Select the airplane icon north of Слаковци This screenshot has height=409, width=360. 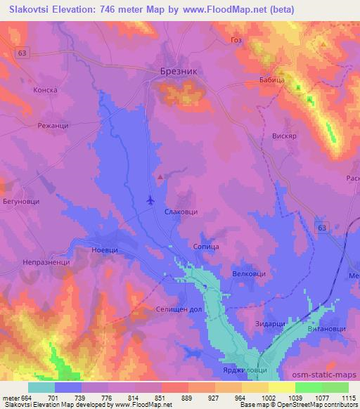[150, 200]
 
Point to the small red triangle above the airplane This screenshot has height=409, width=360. [161, 176]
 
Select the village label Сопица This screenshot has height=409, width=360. [206, 247]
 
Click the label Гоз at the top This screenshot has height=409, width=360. [236, 40]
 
